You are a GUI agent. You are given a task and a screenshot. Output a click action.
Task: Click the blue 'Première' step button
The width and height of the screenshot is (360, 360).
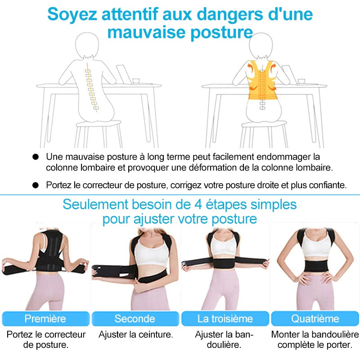point(45,319)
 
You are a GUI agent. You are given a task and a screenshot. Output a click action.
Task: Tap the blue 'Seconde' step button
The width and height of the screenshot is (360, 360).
point(135,319)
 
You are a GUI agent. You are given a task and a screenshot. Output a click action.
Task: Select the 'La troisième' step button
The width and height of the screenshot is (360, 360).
point(225,319)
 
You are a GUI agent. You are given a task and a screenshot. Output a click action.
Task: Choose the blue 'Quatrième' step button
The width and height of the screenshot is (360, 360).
point(315,319)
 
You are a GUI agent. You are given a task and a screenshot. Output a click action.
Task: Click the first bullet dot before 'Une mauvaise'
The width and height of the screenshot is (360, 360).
point(36,157)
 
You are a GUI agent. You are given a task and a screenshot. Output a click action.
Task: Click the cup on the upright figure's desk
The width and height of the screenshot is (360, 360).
point(301,81)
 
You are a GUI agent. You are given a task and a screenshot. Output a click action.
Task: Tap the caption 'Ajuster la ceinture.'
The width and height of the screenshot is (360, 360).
point(135,335)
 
